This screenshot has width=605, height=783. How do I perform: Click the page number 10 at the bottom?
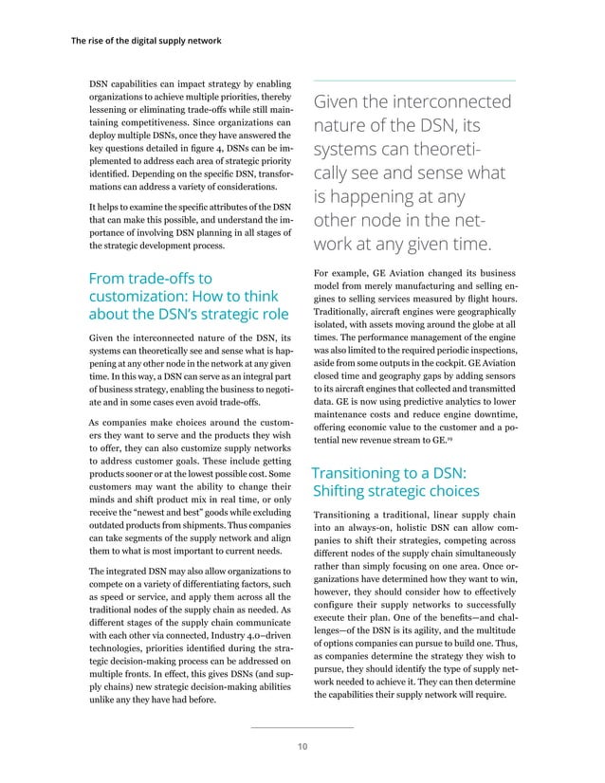tap(302, 747)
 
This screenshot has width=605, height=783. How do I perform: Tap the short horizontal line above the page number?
tap(302, 727)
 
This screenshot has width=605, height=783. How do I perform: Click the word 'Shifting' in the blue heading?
tap(341, 491)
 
